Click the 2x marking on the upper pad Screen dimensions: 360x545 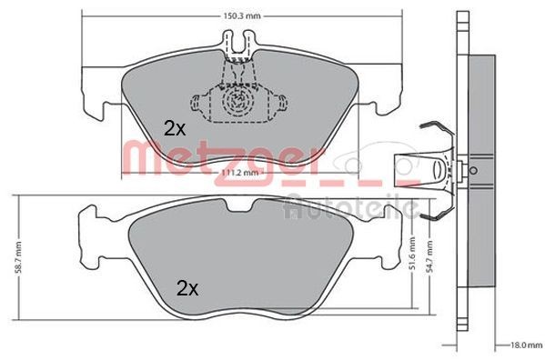[175, 128]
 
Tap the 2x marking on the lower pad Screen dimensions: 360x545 [187, 289]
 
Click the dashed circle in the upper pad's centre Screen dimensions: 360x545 [237, 99]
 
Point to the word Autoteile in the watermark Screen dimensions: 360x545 [350, 208]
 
